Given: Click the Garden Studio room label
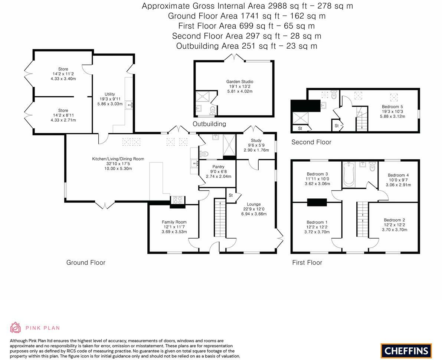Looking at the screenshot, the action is coord(240,81).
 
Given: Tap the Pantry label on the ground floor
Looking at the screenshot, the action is coord(218,167).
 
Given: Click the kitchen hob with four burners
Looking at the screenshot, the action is coord(177,200).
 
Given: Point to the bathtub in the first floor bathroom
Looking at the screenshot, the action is coord(348,174).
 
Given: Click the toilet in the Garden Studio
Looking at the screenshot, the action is coord(212,110).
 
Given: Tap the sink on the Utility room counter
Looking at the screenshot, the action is coord(130,105).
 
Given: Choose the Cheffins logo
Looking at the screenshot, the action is coord(406,351).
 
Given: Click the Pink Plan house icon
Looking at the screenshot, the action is coord(16,328).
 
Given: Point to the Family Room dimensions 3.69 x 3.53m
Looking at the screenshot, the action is coord(174,231).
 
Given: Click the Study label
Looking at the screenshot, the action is coord(256,140).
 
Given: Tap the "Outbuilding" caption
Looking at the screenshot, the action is coord(209,124).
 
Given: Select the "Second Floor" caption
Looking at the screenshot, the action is coord(311,142).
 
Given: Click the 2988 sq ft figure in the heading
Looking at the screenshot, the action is coord(279,6).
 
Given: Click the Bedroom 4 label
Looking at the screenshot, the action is coord(398,175).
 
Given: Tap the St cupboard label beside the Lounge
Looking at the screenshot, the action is coord(230,195).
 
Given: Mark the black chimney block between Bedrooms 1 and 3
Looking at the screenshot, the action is coord(317,202).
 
